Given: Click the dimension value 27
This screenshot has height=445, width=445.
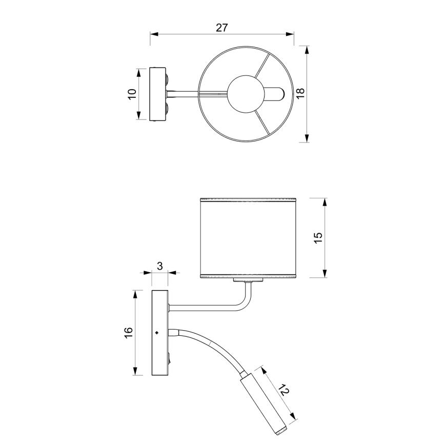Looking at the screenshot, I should tap(221, 28).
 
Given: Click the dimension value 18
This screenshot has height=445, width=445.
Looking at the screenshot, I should tap(300, 93).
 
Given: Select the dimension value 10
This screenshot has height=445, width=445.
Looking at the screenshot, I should tap(132, 94).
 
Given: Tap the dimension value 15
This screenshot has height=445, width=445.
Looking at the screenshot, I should tap(318, 237).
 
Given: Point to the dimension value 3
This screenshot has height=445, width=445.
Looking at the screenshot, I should tap(159, 266).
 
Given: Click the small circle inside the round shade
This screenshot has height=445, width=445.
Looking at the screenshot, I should tap(245, 94).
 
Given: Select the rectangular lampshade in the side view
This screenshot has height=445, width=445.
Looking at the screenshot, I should tap(248, 237).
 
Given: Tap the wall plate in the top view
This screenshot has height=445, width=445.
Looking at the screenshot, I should tap(157, 94).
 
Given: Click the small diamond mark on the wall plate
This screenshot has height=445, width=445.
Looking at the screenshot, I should tap(156, 333).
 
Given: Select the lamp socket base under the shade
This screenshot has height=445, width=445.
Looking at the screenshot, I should tap(249, 280).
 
